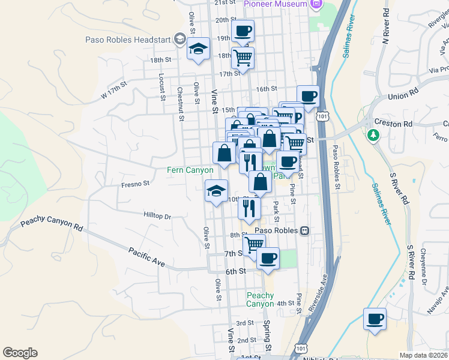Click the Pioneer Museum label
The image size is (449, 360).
click(x=276, y=4)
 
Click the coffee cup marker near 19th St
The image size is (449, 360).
click(x=243, y=31)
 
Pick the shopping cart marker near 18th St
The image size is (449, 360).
click(x=243, y=58)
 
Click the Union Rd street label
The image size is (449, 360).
click(x=402, y=95)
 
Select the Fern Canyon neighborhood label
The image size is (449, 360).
click(x=190, y=170)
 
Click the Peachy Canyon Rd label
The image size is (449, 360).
click(x=52, y=225)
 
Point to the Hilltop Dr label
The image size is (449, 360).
click(x=157, y=215)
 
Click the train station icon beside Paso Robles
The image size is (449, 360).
click(x=305, y=230)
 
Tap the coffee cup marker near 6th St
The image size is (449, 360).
click(x=268, y=258)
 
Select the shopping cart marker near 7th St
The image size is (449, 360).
click(x=254, y=244)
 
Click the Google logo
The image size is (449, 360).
click(x=20, y=353)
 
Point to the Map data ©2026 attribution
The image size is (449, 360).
click(x=423, y=355)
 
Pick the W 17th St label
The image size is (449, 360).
click(x=115, y=91)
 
